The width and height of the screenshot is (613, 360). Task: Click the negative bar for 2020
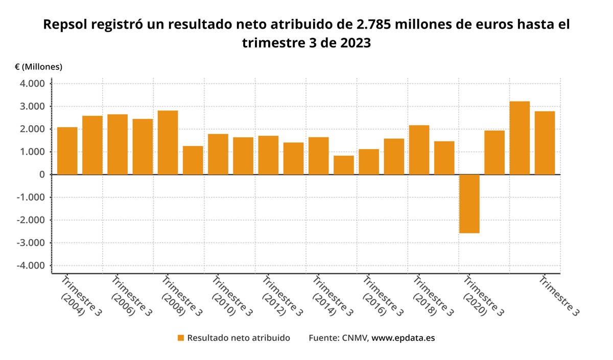click(469, 204)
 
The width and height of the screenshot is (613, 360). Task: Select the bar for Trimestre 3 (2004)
click(67, 151)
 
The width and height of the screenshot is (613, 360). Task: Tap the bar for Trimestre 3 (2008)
click(168, 142)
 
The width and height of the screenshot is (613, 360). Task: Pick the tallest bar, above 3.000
click(520, 138)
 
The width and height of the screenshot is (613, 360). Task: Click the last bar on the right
click(545, 143)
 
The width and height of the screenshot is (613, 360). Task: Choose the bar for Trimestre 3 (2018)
click(419, 150)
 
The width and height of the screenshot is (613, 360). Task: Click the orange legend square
click(180, 338)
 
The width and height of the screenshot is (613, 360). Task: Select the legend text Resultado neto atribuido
click(239, 338)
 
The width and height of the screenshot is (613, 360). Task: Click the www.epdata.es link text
click(403, 338)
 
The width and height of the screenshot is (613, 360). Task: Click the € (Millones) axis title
click(39, 67)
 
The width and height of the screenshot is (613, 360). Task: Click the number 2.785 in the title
click(375, 25)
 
